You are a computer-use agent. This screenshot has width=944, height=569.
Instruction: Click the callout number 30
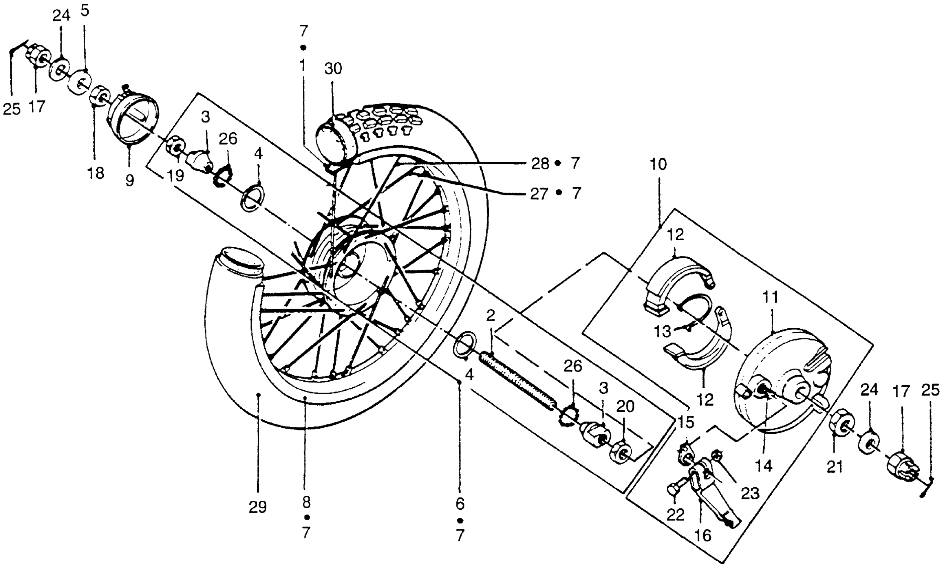point(333,69)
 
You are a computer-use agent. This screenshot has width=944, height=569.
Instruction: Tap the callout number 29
point(257,507)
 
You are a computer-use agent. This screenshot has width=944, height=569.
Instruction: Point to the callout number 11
point(770,297)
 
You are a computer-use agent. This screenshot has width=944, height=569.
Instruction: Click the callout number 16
point(703,535)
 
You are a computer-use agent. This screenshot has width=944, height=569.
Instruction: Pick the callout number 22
point(675,514)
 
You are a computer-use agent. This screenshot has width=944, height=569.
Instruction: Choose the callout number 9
point(130,180)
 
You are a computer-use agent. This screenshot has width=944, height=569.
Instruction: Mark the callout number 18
point(96,173)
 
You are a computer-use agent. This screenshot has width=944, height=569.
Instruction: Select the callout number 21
point(835,467)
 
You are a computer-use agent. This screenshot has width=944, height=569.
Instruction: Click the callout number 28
point(540,164)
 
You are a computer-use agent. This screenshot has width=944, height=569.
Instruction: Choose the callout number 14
point(764,466)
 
